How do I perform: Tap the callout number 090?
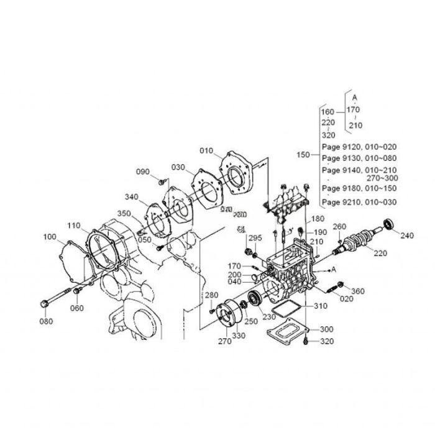[143, 172]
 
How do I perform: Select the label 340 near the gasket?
[130, 198]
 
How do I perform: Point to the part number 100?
[50, 237]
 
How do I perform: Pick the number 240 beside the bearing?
[406, 236]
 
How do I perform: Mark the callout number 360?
[359, 291]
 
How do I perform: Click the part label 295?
[255, 238]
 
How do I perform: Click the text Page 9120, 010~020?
[359, 147]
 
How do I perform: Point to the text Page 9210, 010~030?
[359, 202]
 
